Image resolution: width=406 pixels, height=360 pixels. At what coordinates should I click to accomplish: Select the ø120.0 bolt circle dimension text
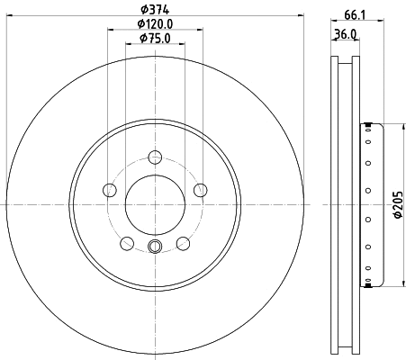click(154, 24)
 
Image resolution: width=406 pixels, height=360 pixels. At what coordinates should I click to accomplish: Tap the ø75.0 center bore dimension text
click(155, 39)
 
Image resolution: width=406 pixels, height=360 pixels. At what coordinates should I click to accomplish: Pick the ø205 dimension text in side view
click(395, 206)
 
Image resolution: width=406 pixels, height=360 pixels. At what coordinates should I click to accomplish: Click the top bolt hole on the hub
click(155, 157)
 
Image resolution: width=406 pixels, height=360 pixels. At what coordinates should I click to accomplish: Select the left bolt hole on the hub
click(110, 190)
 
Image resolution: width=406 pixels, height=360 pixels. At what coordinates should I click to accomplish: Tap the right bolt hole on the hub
click(200, 190)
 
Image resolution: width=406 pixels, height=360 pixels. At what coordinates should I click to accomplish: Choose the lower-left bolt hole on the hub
click(127, 243)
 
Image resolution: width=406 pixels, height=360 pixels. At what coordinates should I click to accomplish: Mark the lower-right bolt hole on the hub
click(183, 243)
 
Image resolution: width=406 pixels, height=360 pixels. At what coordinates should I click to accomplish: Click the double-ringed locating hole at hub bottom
click(155, 248)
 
